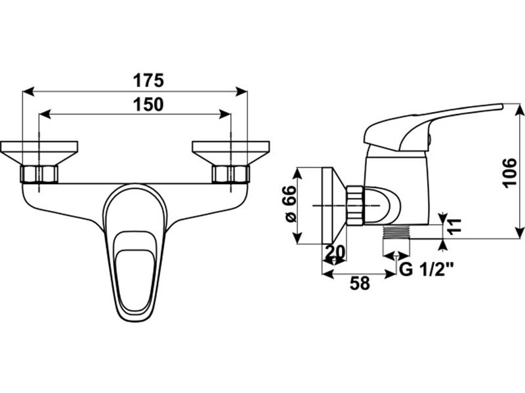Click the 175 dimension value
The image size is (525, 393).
coord(148,81)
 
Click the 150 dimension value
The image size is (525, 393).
coord(148,105)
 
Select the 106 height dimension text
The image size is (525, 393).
coord(511,173)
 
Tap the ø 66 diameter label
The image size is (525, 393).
coord(289,204)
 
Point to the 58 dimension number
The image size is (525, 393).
coord(360,284)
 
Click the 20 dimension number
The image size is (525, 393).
coord(335,252)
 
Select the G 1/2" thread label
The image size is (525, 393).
coord(427,269)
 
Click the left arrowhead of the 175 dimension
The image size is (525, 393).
coord(28,91)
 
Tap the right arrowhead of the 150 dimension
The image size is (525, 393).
coord(224,114)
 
